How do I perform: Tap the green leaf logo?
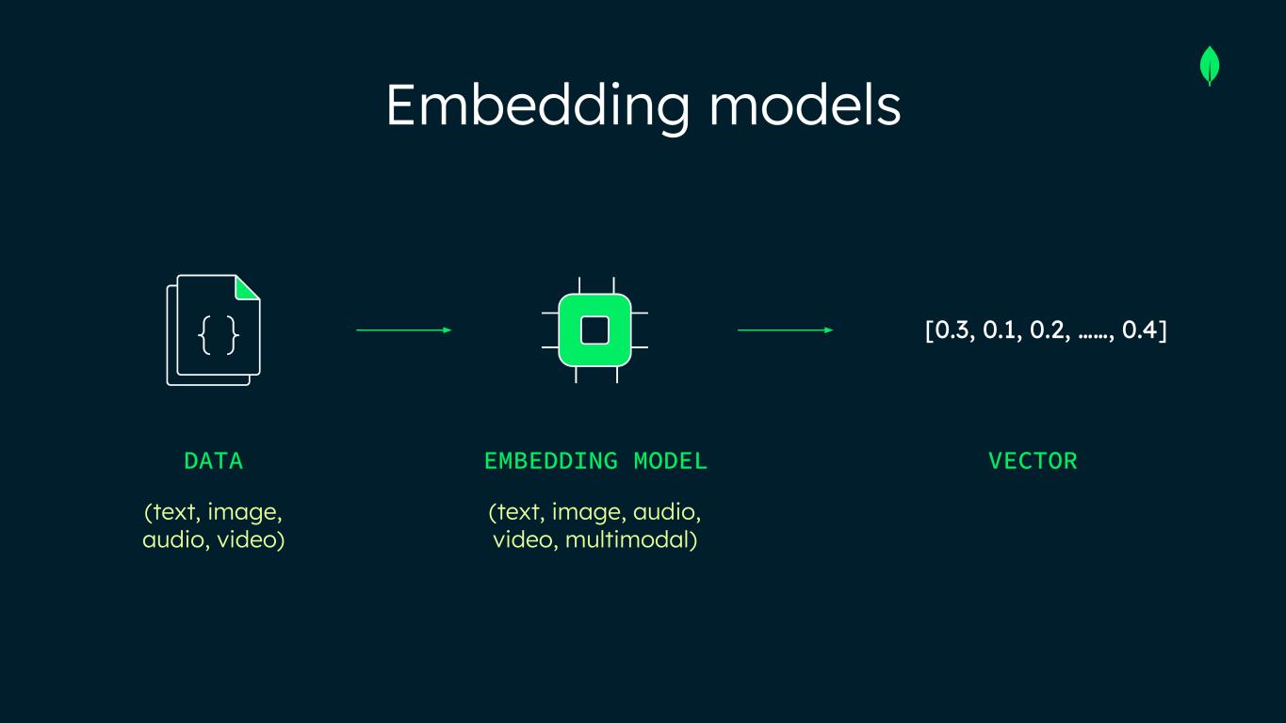[1210, 67]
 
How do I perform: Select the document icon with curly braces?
[214, 330]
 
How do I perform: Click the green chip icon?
[594, 330]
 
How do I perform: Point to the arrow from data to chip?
[404, 330]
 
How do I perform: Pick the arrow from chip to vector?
[785, 330]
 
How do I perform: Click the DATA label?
[214, 461]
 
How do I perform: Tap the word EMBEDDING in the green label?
[551, 461]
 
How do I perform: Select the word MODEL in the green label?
[670, 461]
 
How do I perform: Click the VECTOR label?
[1033, 461]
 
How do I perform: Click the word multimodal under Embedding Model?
[631, 540]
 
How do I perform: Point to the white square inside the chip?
[594, 330]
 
